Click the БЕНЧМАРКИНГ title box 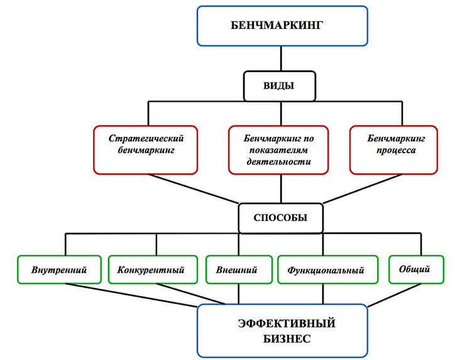pos(282,26)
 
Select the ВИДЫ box pos(279,85)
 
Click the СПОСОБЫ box pos(280,218)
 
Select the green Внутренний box pos(59,270)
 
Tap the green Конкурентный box pos(151,270)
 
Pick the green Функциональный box pos(327,270)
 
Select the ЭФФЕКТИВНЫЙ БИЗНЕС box pos(282,330)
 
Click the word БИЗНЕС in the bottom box pos(282,339)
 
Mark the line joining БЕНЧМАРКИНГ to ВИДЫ pos(281,59)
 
